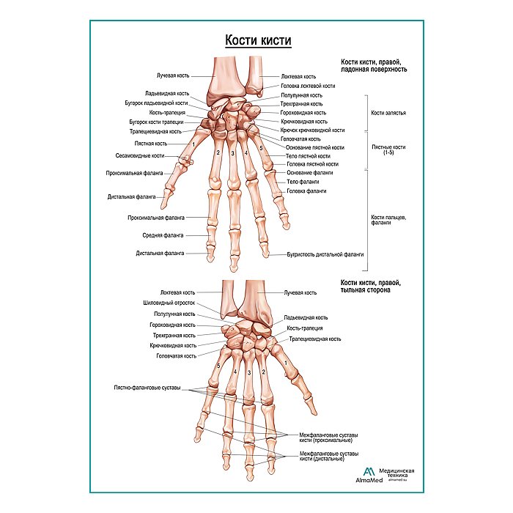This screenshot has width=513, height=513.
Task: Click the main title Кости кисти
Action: tap(257, 41)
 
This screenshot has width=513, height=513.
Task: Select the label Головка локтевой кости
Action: tap(309, 86)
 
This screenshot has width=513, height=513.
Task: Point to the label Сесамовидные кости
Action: tap(140, 155)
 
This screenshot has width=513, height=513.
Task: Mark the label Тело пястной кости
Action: tap(308, 156)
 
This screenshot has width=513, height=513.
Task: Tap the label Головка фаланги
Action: tap(306, 191)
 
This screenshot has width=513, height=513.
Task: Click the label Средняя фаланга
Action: tap(163, 235)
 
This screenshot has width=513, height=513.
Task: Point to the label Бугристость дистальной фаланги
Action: tap(325, 254)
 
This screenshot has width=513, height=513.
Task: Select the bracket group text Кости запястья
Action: tap(388, 114)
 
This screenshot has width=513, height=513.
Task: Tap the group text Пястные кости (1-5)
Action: tap(388, 150)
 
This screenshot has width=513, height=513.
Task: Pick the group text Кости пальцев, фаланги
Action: tap(388, 220)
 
